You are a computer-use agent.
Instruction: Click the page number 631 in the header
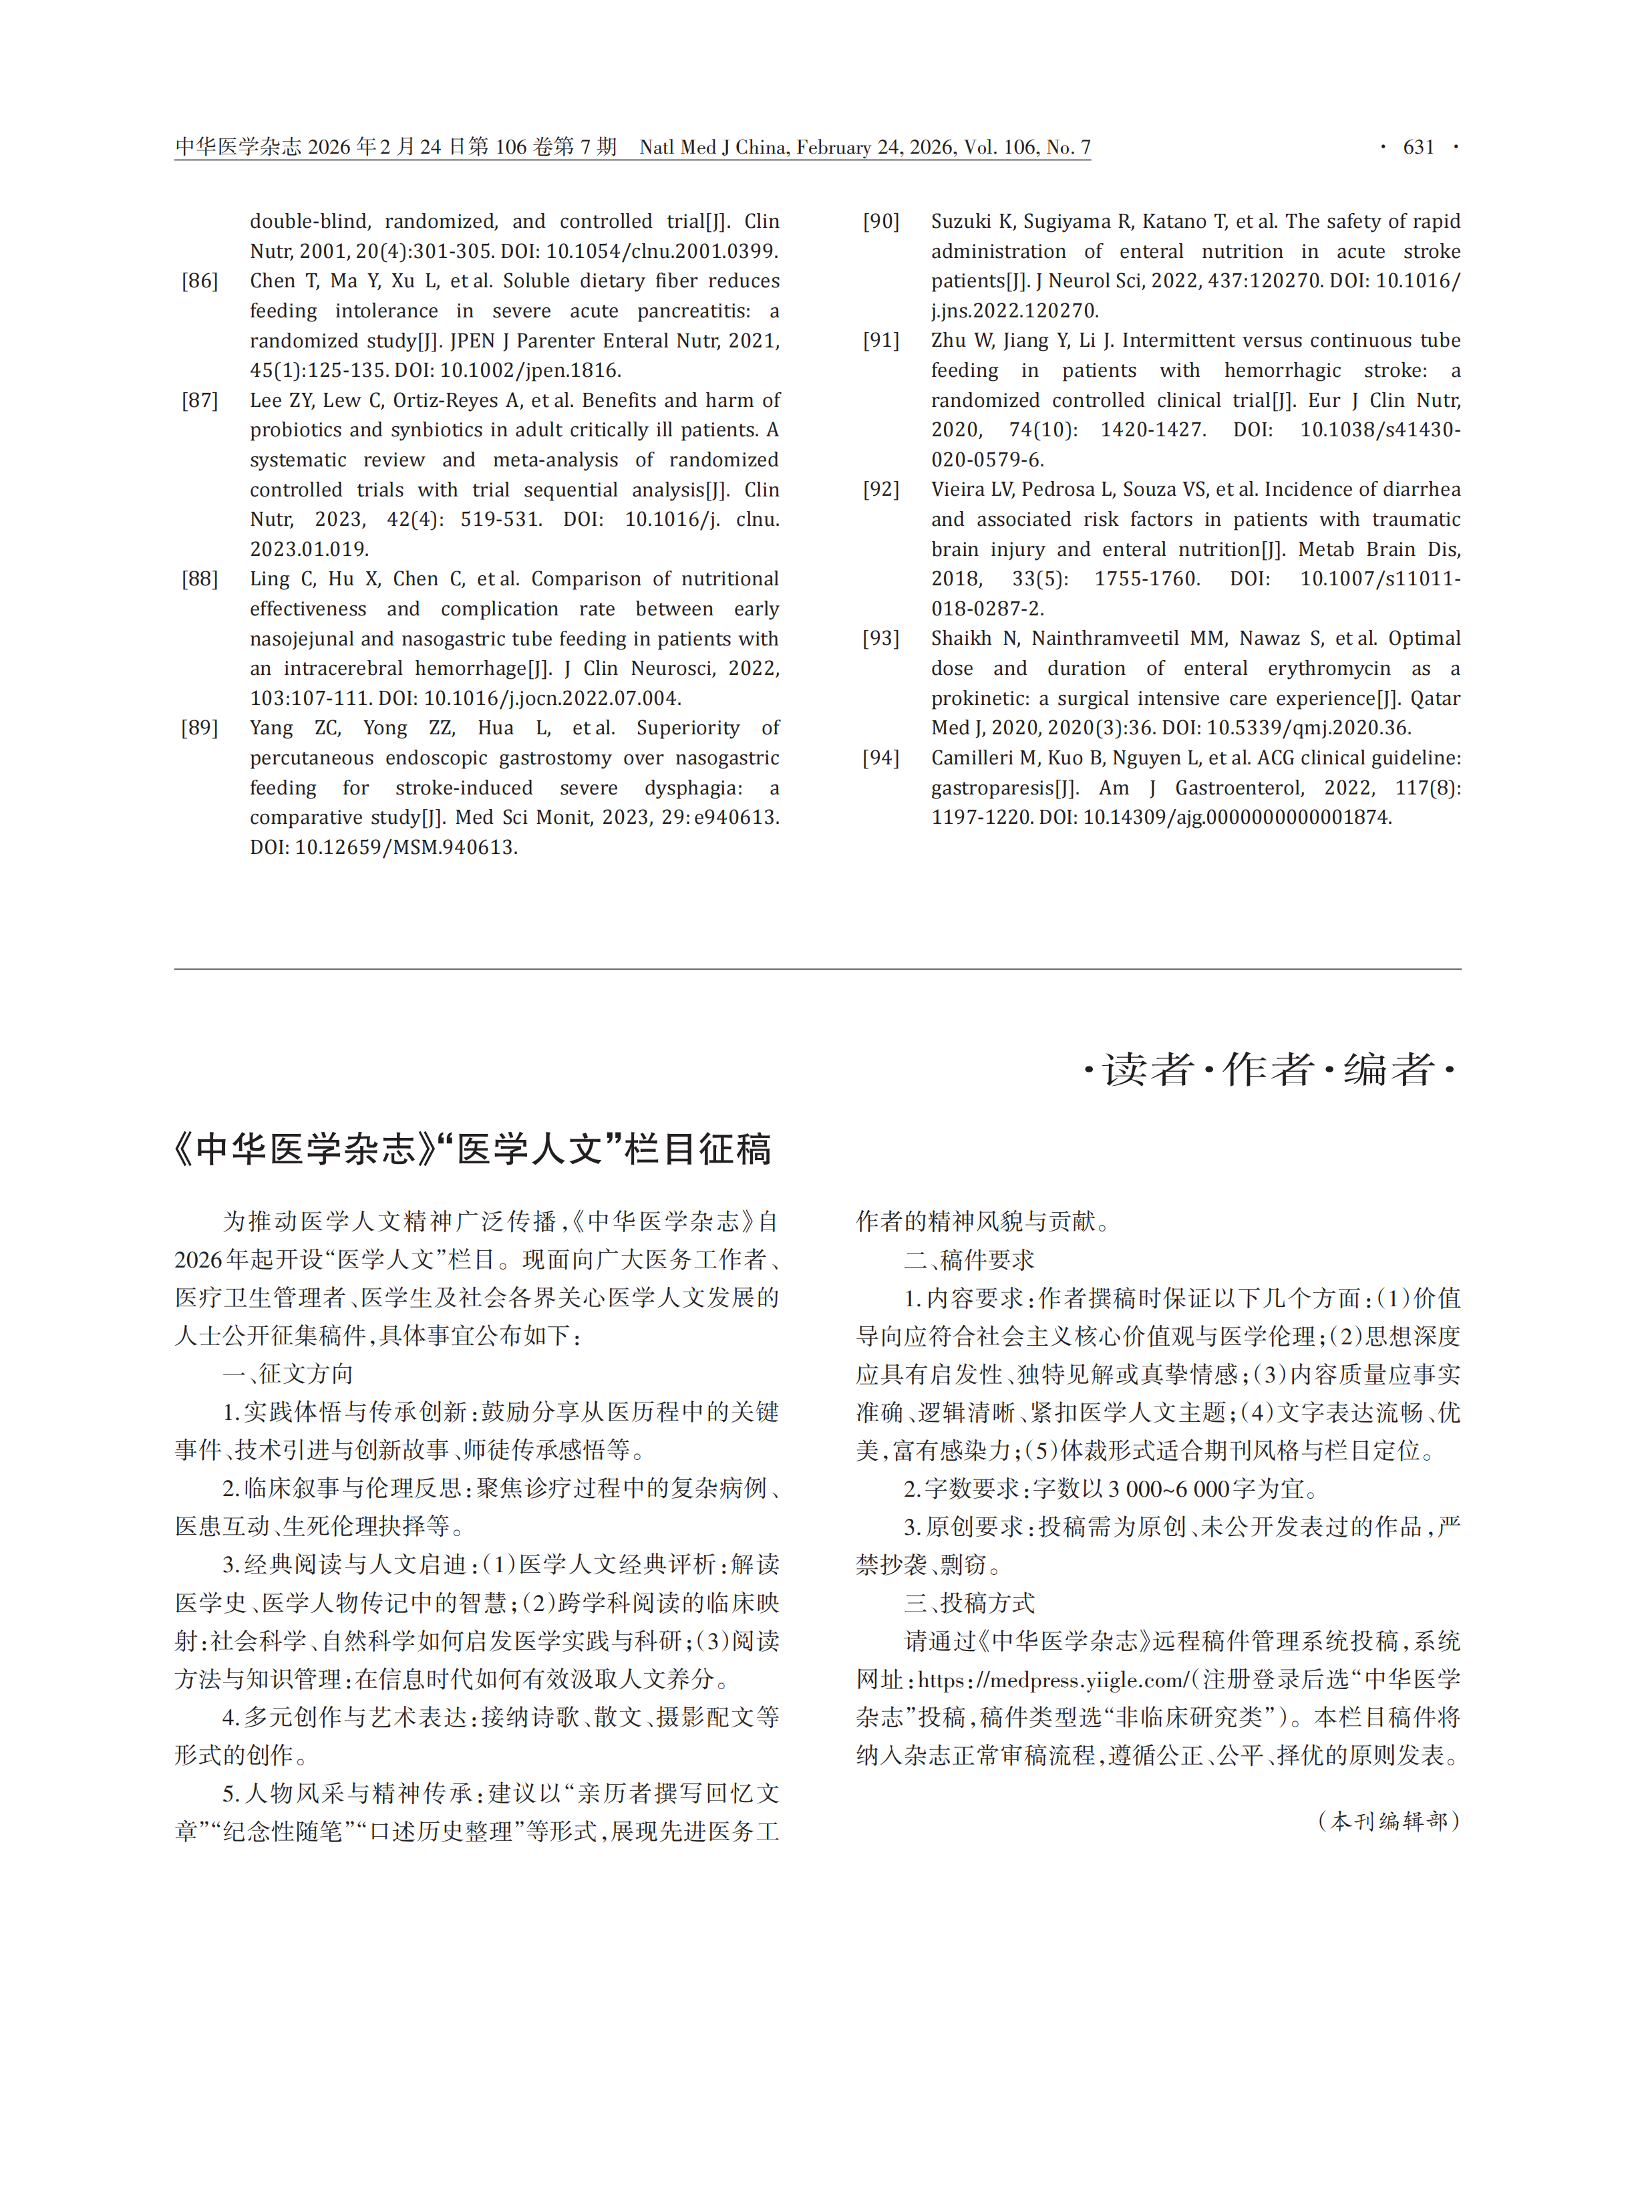(x=1418, y=148)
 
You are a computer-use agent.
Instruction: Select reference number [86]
(x=200, y=281)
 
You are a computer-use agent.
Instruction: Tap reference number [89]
(x=200, y=728)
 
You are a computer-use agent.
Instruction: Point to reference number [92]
(x=880, y=489)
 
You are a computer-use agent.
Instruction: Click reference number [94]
(x=880, y=758)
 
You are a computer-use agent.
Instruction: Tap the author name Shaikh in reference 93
(x=961, y=639)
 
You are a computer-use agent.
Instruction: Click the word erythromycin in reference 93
(x=1329, y=669)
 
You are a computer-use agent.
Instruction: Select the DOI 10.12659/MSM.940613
(x=406, y=848)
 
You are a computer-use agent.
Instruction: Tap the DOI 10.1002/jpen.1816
(x=530, y=370)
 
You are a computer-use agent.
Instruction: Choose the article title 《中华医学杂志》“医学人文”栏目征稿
(x=472, y=1149)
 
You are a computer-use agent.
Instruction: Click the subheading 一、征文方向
(x=287, y=1374)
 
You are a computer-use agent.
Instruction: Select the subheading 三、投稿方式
(x=969, y=1603)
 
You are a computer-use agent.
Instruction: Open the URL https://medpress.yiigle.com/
(x=1053, y=1680)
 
